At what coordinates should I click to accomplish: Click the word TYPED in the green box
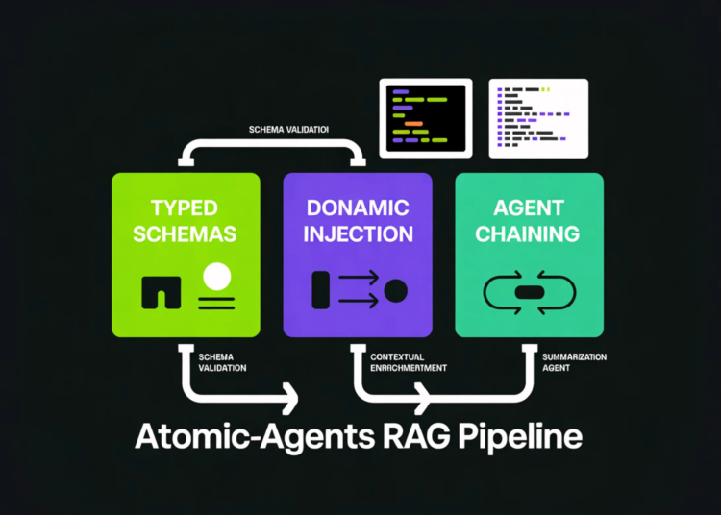coord(186,208)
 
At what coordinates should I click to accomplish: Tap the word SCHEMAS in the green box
coord(186,234)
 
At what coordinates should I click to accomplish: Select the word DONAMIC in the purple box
coord(357,208)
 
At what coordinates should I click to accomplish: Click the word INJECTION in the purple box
coord(357,233)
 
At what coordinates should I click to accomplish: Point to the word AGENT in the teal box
coord(528,208)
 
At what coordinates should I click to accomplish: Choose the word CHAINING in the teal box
coord(528,233)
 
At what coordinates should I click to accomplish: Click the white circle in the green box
coord(217,276)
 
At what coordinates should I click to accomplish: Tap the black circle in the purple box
coord(395,289)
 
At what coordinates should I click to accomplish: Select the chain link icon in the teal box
coord(529,291)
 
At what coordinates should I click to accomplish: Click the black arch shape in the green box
coord(162,292)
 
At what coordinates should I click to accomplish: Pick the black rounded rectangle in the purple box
coord(321,289)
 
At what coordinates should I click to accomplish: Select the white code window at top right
coord(538,117)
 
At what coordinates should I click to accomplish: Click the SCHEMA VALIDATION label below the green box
coord(223,362)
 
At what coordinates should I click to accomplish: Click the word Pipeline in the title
coord(520,438)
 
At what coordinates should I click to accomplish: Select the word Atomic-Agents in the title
coord(247,437)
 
